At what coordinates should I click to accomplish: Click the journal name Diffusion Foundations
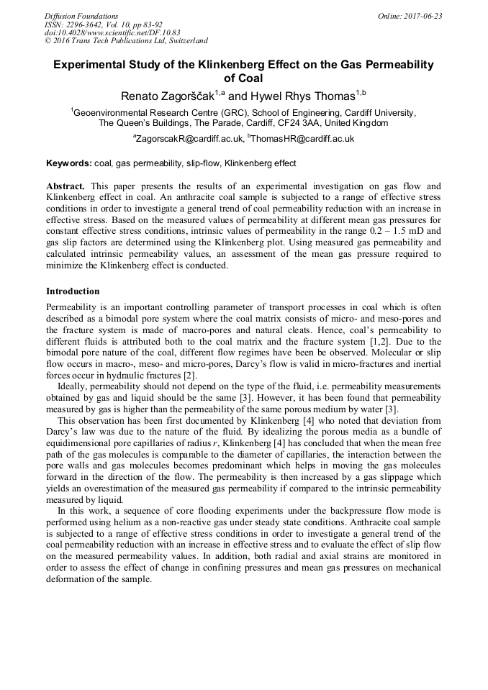pyautogui.click(x=81, y=16)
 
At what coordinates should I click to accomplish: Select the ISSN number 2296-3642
pyautogui.click(x=88, y=24)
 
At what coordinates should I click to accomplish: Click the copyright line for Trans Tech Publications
pyautogui.click(x=126, y=41)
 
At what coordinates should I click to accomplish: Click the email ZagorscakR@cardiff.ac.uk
pyautogui.click(x=189, y=139)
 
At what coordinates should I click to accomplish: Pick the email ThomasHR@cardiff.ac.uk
pyautogui.click(x=303, y=139)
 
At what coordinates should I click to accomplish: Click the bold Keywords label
pyautogui.click(x=68, y=163)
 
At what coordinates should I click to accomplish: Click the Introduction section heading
pyautogui.click(x=73, y=291)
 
